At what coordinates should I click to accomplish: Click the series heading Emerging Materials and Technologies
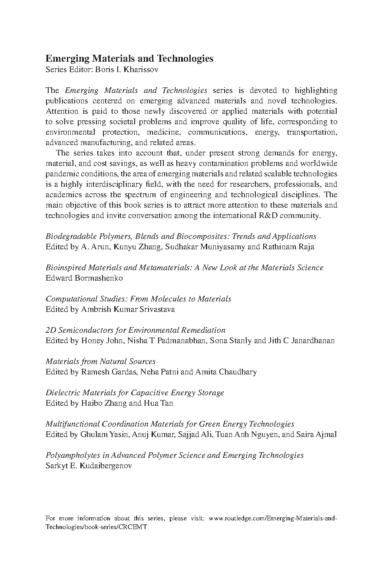129,59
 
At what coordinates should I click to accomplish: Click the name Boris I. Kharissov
130,70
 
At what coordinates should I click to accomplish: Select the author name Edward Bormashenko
84,278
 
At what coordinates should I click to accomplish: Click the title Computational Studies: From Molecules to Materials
138,299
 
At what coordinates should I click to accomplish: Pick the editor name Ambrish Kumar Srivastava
128,309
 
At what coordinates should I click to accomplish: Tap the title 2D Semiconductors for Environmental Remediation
136,330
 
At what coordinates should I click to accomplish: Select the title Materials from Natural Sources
100,361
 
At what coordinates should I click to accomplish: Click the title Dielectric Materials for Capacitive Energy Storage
135,393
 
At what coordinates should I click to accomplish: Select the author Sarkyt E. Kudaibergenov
89,466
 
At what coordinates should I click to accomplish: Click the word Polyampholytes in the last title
70,455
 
